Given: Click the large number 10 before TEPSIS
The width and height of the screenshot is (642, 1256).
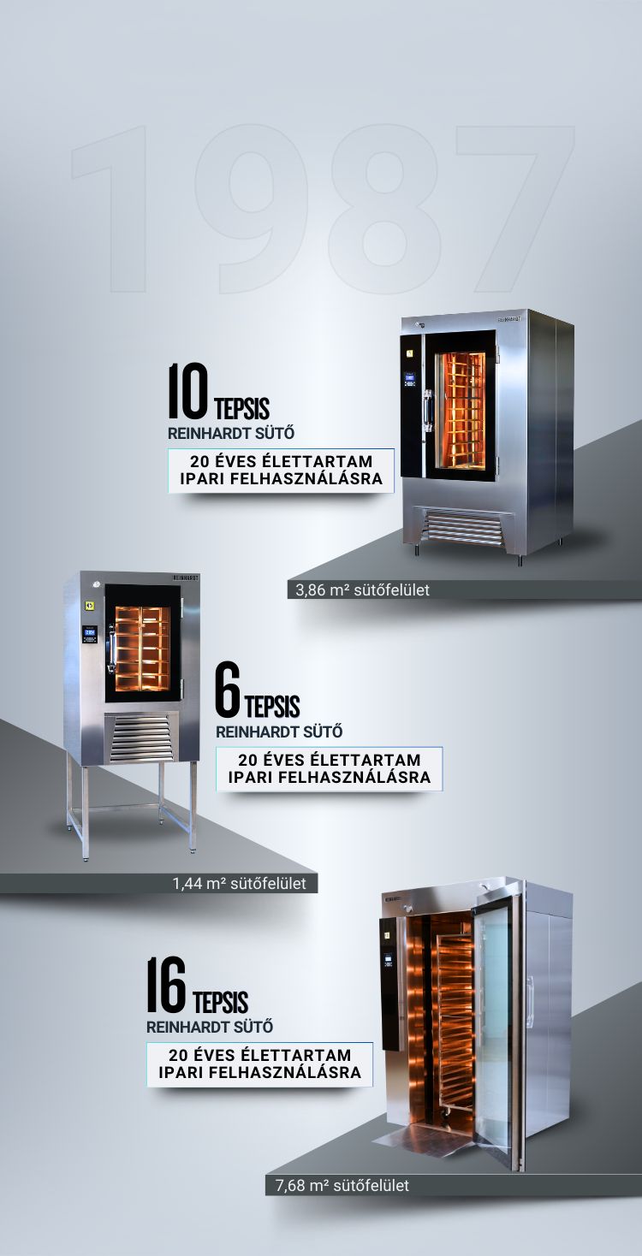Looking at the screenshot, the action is click(x=188, y=391).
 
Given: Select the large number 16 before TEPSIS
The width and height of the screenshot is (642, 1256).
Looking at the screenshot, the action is click(x=166, y=985).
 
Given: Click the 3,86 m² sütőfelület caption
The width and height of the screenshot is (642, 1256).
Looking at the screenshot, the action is click(x=362, y=589).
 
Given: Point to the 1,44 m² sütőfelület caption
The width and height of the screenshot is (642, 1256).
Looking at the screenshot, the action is click(x=239, y=884).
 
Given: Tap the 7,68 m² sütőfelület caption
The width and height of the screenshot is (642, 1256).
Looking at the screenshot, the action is click(x=342, y=1185).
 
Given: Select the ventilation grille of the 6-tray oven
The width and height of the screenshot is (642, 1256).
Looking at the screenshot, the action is click(x=141, y=738).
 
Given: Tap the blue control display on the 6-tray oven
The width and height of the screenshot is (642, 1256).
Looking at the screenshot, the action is click(x=90, y=632).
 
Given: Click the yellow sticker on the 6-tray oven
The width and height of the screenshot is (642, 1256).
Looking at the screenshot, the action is click(x=88, y=606).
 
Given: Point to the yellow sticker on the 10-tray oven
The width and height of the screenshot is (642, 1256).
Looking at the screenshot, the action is click(x=410, y=353).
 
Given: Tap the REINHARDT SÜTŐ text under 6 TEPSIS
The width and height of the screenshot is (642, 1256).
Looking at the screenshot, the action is click(x=279, y=732).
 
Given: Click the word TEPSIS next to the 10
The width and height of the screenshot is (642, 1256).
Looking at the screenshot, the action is click(x=242, y=409).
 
